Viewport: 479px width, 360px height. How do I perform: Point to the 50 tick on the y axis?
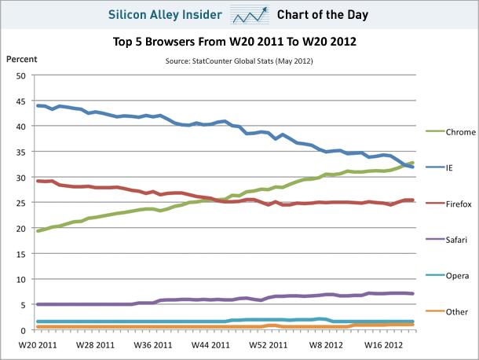pos(22,75)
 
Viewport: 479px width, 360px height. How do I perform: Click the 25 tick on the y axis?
pos(22,203)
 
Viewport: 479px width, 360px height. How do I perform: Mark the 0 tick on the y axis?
pos(24,330)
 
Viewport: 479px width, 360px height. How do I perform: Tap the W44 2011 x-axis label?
pos(211,343)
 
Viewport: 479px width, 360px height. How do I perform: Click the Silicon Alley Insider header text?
pos(165,14)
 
